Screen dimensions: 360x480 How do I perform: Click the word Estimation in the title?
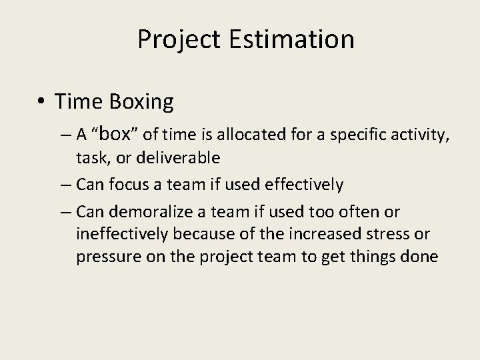291,39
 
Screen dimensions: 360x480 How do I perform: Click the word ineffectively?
122,234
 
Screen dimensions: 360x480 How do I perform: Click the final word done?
420,257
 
